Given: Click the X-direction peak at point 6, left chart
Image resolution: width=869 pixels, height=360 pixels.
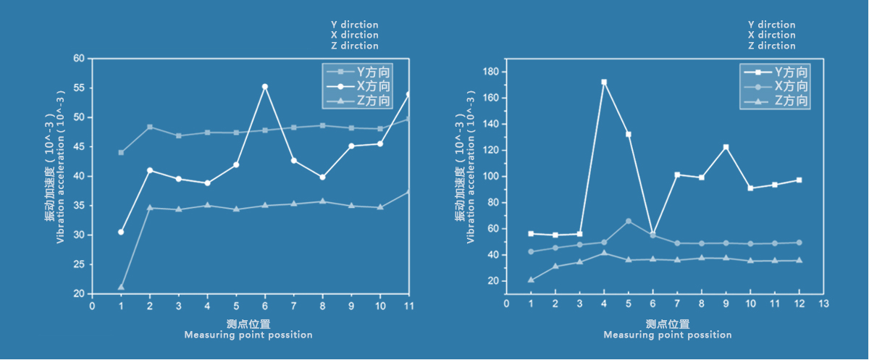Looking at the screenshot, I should tap(264, 87).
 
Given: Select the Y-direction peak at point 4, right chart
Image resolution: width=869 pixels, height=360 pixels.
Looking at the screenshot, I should tap(604, 83).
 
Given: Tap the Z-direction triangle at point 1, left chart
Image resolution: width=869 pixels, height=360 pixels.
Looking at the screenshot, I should tap(121, 287).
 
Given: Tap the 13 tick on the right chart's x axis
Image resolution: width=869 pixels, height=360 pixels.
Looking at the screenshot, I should tap(823, 303).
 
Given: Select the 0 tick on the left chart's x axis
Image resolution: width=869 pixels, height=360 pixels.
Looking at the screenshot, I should tap(92, 306).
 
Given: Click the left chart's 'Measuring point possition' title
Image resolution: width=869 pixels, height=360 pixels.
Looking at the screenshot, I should tap(248, 335).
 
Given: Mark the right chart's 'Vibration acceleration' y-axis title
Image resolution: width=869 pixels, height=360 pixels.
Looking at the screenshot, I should tap(471, 177).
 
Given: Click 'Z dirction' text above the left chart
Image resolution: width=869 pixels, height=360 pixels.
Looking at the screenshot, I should tap(355, 46).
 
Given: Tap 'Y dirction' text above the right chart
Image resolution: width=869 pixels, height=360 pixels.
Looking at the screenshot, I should tap(771, 25).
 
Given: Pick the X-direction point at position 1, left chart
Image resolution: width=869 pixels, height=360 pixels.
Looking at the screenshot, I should tap(121, 232).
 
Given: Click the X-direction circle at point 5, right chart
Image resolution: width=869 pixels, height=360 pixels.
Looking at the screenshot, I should tap(629, 221).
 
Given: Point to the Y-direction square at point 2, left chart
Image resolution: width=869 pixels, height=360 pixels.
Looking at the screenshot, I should tap(150, 127).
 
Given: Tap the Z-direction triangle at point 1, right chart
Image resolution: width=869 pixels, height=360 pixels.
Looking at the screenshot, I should tap(531, 280).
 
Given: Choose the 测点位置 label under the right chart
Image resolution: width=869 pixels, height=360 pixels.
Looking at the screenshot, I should tap(667, 324).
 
